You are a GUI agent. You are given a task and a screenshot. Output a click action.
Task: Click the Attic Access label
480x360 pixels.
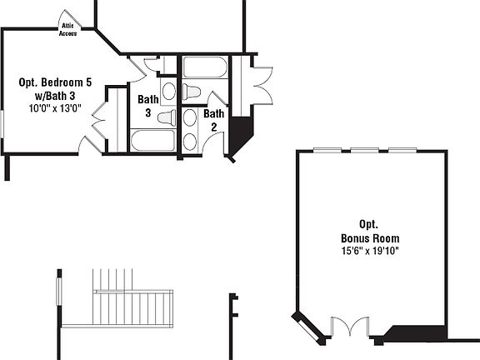click(67, 30)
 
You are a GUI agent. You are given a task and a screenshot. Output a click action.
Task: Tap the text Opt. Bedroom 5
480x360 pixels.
click(55, 82)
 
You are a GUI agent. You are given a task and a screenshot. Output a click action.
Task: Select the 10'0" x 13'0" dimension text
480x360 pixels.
click(55, 108)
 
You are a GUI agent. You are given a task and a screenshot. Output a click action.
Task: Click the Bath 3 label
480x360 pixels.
click(148, 106)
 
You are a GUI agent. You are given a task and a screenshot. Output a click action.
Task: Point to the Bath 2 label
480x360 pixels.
click(213, 120)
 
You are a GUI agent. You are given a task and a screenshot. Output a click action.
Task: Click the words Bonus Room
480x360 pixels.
click(370, 238)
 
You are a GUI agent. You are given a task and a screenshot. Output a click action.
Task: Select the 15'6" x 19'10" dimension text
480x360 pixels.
click(370, 251)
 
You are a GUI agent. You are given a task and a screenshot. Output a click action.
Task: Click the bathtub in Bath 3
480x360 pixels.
click(153, 140)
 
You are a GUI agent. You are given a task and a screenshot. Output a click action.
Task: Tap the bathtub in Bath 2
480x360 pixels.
click(205, 67)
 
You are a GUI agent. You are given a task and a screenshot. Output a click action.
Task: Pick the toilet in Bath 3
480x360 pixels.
click(167, 117)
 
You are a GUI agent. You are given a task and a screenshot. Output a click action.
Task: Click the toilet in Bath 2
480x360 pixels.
click(192, 92)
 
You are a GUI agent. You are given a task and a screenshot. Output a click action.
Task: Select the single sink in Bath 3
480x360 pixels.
click(169, 91)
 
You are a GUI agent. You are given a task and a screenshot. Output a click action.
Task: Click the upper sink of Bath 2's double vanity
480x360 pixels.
click(190, 117)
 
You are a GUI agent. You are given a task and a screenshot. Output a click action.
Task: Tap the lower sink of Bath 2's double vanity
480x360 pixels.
click(190, 142)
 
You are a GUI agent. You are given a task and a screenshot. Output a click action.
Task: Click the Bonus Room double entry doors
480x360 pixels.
click(350, 327)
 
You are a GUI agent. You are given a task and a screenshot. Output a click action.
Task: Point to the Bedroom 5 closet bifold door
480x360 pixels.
click(99, 120)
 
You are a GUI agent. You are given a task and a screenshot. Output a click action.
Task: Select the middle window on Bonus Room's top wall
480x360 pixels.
click(365, 150)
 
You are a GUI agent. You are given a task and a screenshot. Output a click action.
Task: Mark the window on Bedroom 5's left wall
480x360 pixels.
click(2, 124)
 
